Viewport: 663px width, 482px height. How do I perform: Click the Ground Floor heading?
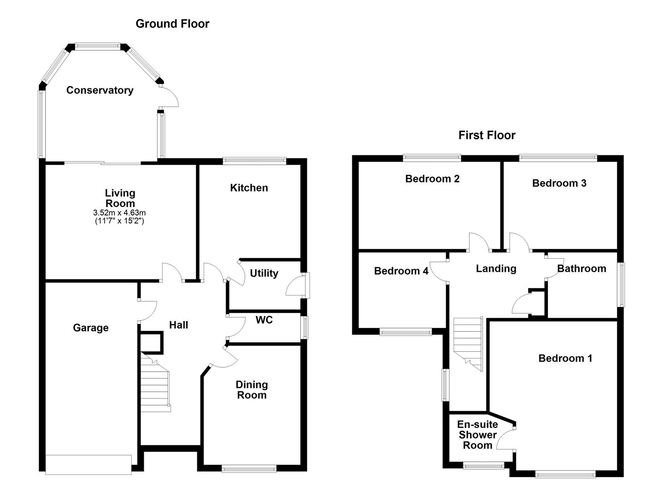pyautogui.click(x=172, y=24)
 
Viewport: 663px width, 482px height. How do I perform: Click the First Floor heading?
pyautogui.click(x=487, y=135)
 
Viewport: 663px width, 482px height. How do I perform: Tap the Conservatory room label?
pyautogui.click(x=100, y=90)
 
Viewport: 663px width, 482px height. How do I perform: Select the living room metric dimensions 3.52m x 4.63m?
pyautogui.click(x=120, y=213)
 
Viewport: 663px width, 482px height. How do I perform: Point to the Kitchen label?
pyautogui.click(x=249, y=188)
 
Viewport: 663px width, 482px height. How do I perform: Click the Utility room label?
pyautogui.click(x=264, y=273)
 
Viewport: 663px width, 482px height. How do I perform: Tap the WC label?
pyautogui.click(x=264, y=320)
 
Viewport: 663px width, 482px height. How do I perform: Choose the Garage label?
pyautogui.click(x=91, y=328)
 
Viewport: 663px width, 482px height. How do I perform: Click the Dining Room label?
pyautogui.click(x=252, y=390)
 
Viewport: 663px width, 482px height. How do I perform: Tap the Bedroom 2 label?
pyautogui.click(x=432, y=179)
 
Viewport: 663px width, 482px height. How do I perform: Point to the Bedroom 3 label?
pyautogui.click(x=559, y=183)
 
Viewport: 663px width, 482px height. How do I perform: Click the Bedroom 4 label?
pyautogui.click(x=401, y=271)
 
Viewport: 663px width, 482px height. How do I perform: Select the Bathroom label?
pyautogui.click(x=581, y=269)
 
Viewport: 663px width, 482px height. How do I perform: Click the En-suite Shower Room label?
pyautogui.click(x=477, y=435)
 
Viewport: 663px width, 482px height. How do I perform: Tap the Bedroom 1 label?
pyautogui.click(x=565, y=358)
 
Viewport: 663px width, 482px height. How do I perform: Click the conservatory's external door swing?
pyautogui.click(x=170, y=97)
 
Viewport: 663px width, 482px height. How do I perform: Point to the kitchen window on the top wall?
pyautogui.click(x=254, y=161)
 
